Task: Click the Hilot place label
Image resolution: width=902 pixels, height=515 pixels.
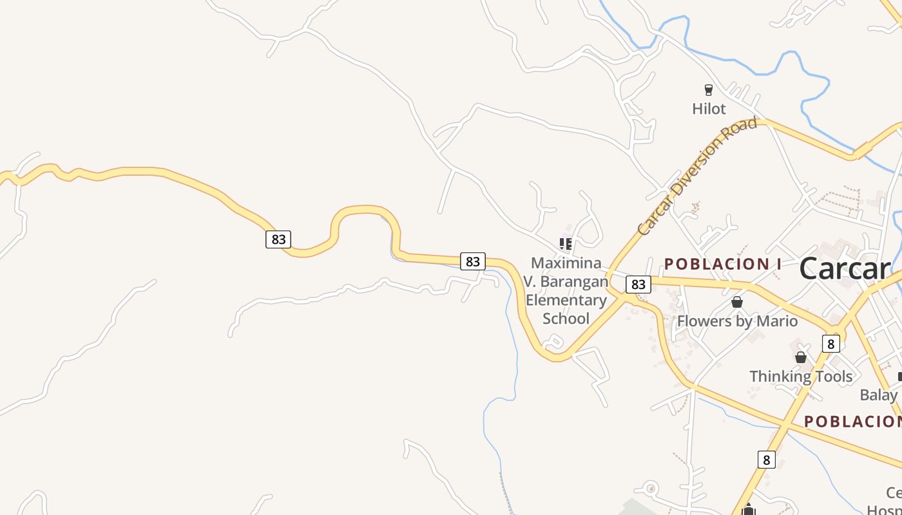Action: (x=709, y=109)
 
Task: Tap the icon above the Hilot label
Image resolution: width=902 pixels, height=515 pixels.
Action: (x=709, y=90)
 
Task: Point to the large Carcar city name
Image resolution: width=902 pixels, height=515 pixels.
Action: (x=845, y=268)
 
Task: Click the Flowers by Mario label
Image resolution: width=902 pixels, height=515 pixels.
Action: (x=737, y=321)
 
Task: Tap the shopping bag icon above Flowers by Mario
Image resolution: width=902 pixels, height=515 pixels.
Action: (x=737, y=302)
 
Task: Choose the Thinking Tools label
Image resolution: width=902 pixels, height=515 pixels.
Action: (x=801, y=376)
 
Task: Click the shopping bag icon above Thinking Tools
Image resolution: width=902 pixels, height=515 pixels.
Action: (x=801, y=357)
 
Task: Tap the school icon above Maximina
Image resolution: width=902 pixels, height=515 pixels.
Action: (x=566, y=243)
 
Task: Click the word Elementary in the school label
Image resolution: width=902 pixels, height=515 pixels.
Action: (x=566, y=300)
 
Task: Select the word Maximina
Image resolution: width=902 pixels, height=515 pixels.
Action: (x=566, y=263)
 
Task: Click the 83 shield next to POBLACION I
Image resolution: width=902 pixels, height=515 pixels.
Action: (x=638, y=284)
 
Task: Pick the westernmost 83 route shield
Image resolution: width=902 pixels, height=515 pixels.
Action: (x=278, y=239)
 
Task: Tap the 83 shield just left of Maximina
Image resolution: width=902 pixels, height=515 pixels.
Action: (x=473, y=261)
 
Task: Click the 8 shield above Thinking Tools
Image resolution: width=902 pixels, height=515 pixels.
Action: (x=830, y=344)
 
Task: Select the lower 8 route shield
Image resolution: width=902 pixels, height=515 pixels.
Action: (x=766, y=460)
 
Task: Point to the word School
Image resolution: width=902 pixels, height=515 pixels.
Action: (x=566, y=318)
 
